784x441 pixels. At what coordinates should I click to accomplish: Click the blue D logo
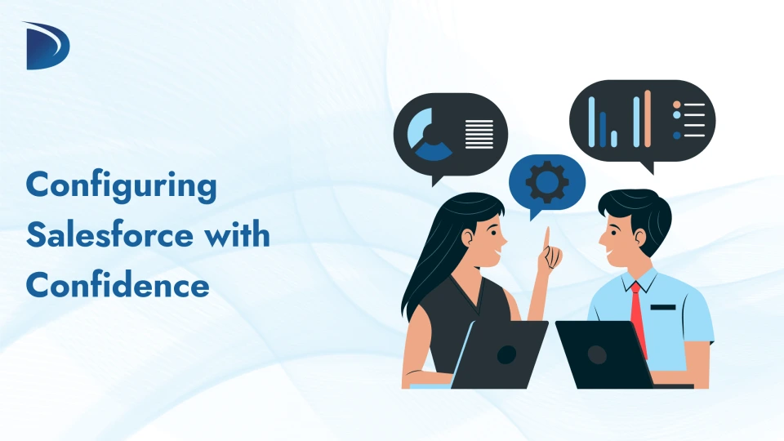click(47, 47)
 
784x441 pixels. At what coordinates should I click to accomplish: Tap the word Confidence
click(118, 286)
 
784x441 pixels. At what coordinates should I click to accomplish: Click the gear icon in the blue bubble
click(547, 182)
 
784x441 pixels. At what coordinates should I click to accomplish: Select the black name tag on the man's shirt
click(663, 307)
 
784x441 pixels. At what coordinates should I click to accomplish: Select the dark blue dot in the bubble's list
click(676, 135)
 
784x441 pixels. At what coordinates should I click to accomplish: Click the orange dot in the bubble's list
click(676, 105)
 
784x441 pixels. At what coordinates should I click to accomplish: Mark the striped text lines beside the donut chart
click(479, 134)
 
